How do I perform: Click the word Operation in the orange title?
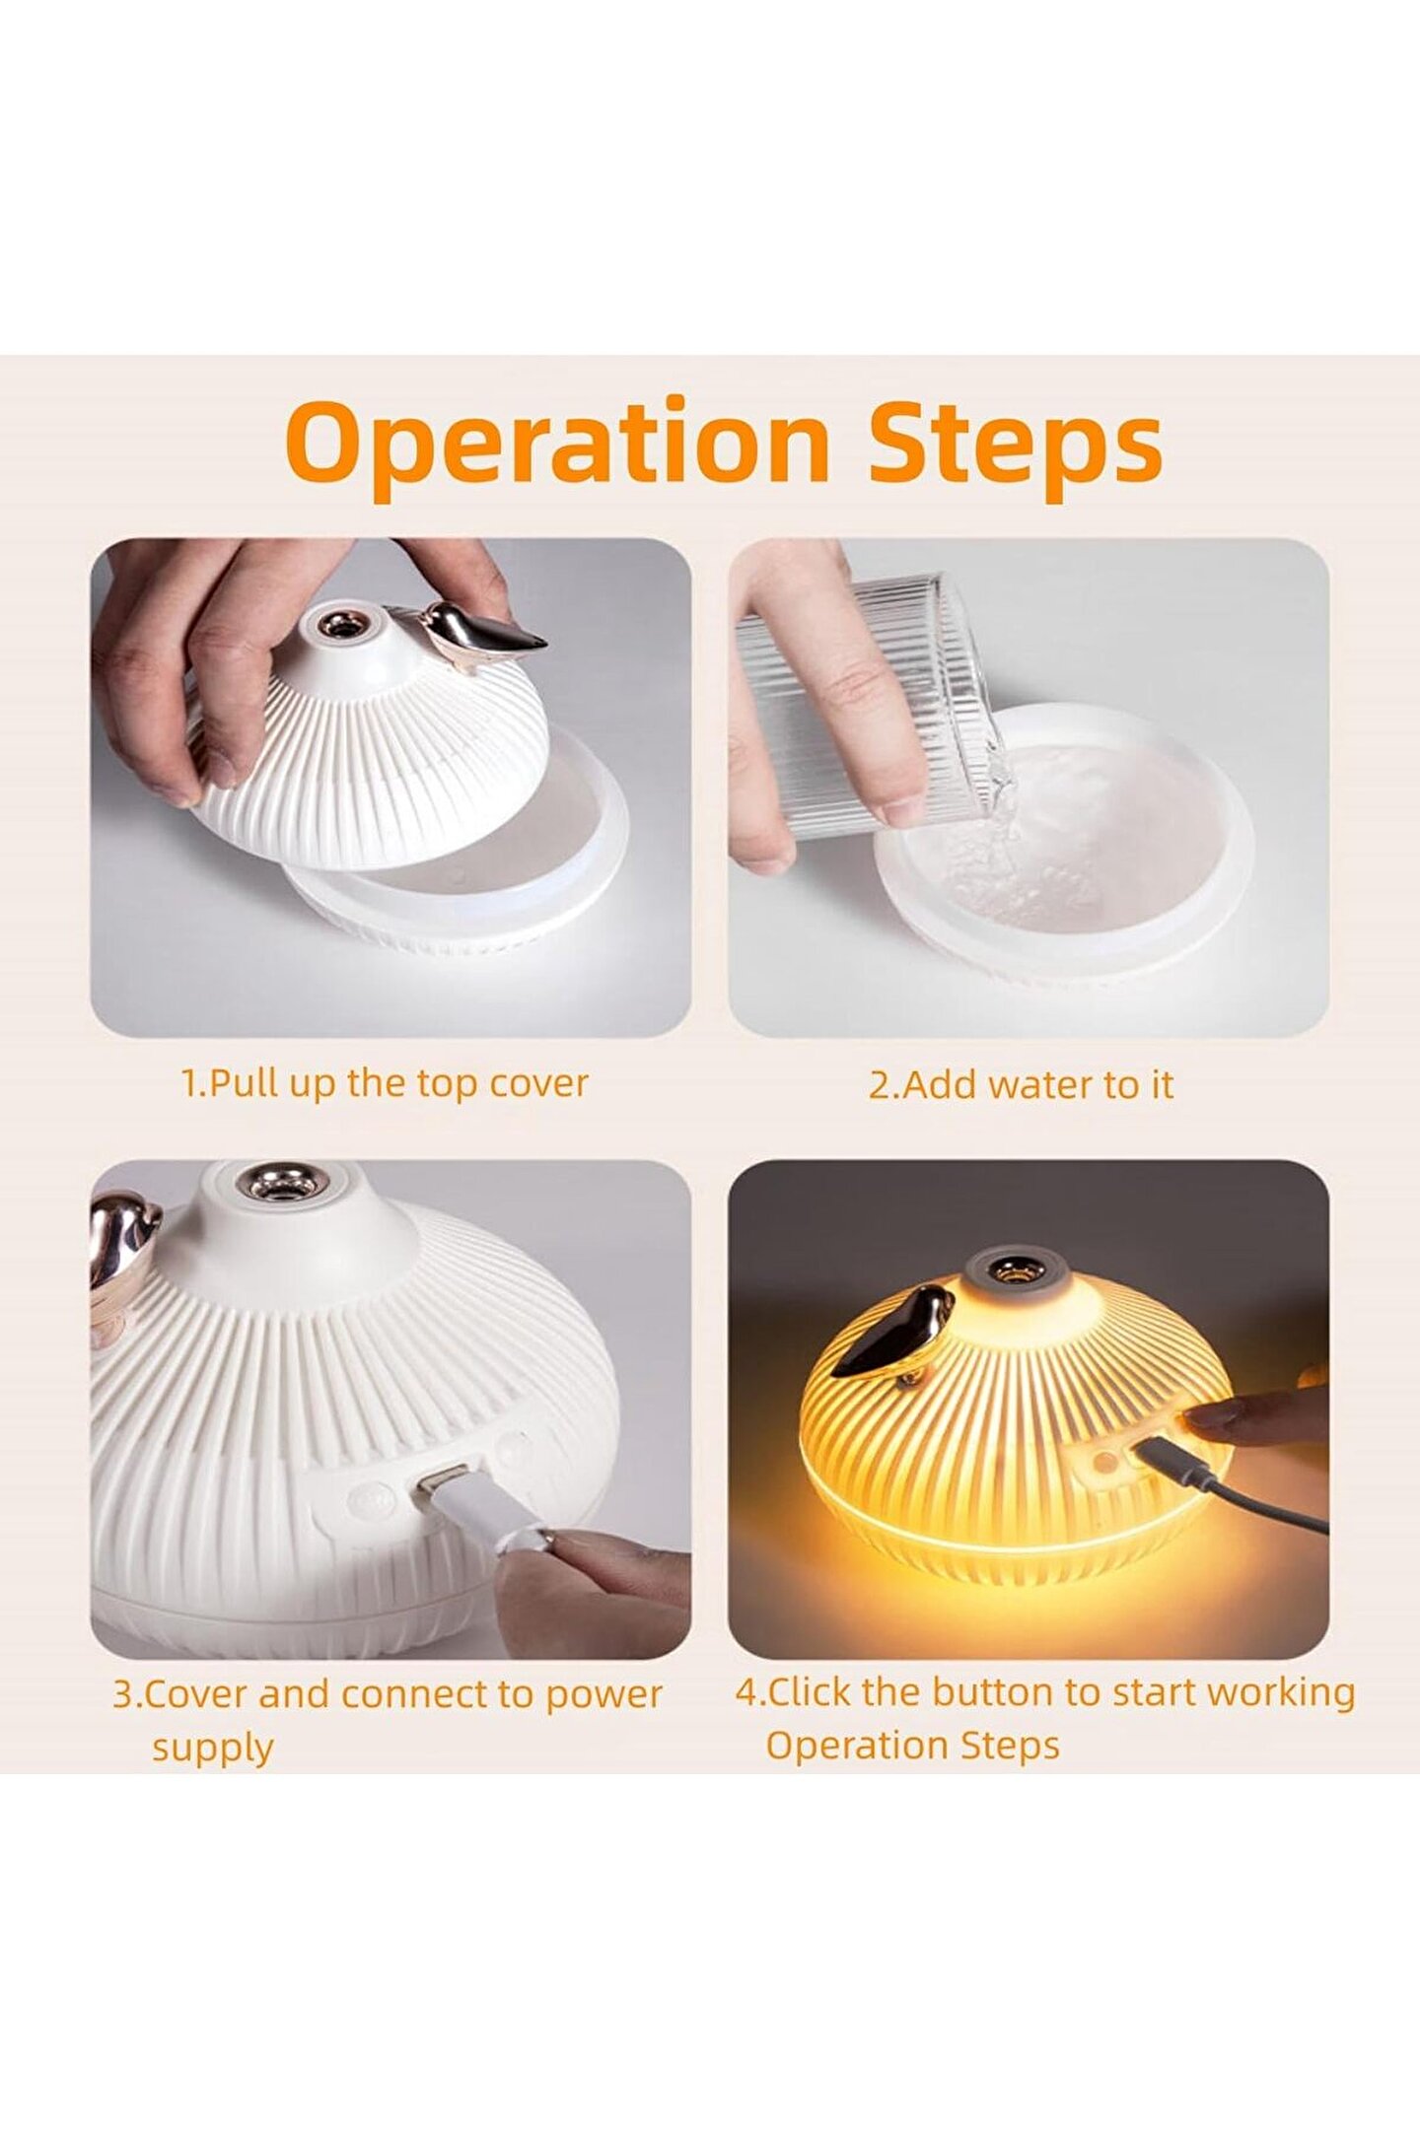tap(557, 446)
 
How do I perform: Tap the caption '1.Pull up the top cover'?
tap(385, 1083)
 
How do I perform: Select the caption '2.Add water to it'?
tap(1021, 1084)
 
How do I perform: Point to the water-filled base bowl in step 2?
tap(1065, 838)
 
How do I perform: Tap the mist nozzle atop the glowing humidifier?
tap(1007, 1266)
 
